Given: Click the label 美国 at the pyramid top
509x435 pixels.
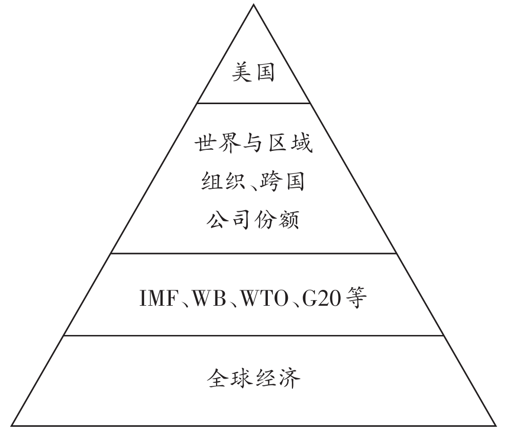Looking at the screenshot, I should tap(253, 72).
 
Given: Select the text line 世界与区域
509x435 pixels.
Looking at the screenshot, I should tap(253, 144).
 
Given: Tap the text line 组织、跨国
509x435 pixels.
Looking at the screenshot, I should tap(253, 182).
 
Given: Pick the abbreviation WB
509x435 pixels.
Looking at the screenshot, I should tap(211, 299).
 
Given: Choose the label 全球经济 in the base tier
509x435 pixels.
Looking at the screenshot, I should tap(253, 379).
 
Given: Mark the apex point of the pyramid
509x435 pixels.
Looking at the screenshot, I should tap(253, 5).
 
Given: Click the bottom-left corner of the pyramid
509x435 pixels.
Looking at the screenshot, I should tap(11, 425).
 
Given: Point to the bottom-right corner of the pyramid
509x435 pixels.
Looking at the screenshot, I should tap(496, 425).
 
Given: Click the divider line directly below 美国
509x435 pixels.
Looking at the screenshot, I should tap(253, 103).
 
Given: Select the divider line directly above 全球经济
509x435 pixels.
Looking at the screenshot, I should tap(253, 335).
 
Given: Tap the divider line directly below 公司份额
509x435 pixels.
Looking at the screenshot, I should tap(253, 253).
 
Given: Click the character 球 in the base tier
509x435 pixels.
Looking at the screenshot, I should tap(241, 379).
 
